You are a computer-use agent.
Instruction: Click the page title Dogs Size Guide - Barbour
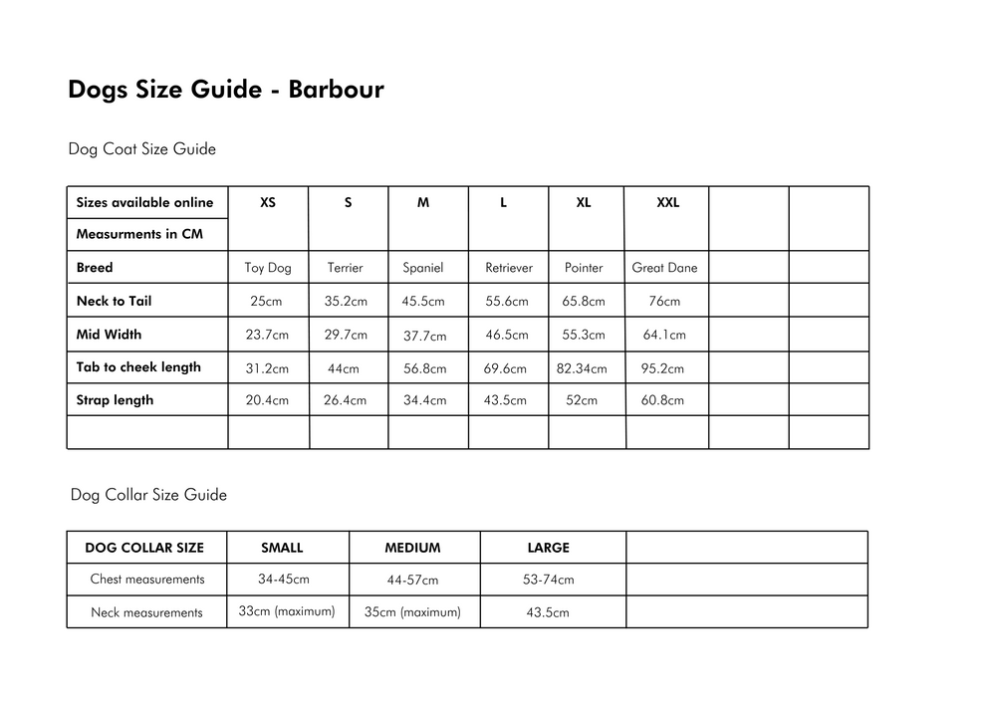tap(225, 90)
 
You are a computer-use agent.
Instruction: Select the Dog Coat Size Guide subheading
tap(141, 149)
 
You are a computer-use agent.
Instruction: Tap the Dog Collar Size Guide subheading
tap(148, 495)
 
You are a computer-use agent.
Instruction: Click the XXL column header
tap(667, 202)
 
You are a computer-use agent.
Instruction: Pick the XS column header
tap(268, 202)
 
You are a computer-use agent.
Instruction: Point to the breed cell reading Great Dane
tap(664, 268)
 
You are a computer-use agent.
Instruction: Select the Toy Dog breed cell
tap(268, 268)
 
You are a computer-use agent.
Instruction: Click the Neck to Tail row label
tap(114, 301)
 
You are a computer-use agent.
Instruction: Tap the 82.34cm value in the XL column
tap(582, 368)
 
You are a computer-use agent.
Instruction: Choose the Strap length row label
tap(115, 400)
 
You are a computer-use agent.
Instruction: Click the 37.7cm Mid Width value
tap(424, 337)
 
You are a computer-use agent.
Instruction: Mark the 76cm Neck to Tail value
tap(664, 302)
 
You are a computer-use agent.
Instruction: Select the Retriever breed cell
tap(508, 268)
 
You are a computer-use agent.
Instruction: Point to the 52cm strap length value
tap(582, 401)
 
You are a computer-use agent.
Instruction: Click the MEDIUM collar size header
tap(412, 548)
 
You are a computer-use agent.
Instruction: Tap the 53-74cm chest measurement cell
tap(548, 580)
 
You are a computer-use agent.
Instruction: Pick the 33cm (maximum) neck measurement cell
tap(287, 610)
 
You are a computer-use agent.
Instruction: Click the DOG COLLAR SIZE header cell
tap(144, 548)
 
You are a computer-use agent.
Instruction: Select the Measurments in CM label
tap(139, 235)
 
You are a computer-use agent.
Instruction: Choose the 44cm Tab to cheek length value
tap(343, 369)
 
